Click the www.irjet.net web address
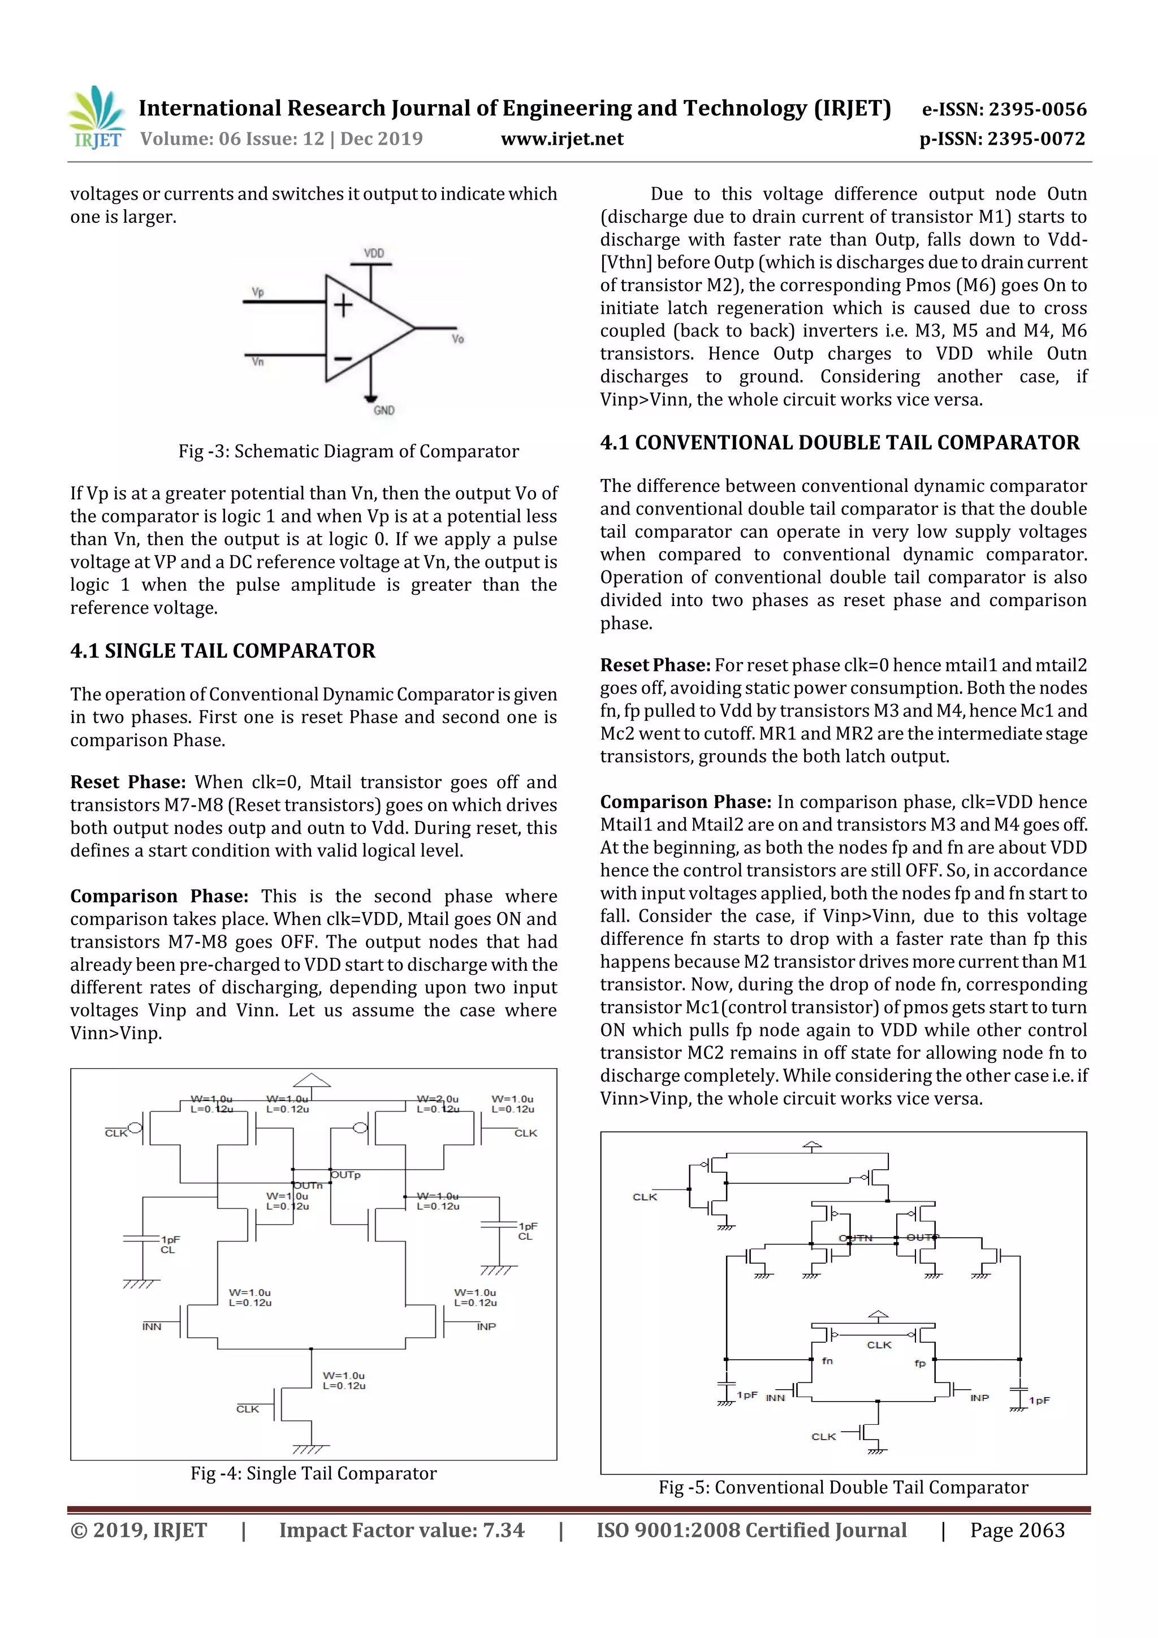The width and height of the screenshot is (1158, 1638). [561, 139]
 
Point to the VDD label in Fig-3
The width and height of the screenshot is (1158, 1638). [374, 253]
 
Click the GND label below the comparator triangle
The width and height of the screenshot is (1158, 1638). [384, 410]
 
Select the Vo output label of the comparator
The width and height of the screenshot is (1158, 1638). [457, 339]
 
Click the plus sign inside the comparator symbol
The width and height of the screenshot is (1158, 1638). [344, 305]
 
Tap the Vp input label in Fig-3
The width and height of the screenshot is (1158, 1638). [258, 292]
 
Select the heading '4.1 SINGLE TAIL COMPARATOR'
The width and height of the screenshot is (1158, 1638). [223, 651]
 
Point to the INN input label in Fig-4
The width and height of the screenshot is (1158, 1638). [152, 1326]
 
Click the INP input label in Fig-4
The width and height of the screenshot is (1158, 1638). [486, 1326]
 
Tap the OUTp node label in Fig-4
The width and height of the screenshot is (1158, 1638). [346, 1174]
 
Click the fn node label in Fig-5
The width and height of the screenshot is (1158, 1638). [827, 1360]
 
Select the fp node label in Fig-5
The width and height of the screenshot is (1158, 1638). [920, 1363]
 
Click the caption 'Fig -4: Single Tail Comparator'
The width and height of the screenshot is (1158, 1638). [313, 1473]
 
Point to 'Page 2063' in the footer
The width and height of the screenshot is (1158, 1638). [1017, 1530]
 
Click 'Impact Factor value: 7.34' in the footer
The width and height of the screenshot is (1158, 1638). [401, 1530]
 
